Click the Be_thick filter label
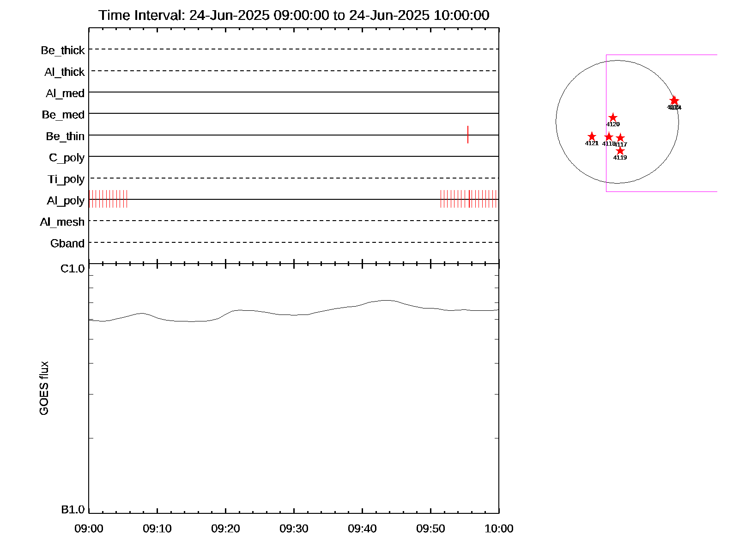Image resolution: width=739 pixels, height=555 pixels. (63, 50)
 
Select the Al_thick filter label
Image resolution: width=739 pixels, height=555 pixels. (65, 72)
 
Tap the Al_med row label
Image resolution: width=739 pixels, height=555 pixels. (65, 93)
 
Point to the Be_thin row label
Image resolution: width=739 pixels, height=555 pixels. (65, 136)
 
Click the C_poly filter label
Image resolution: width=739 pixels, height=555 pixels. (67, 158)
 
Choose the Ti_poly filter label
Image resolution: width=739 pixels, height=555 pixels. (66, 179)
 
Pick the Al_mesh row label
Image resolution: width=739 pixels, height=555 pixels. (62, 222)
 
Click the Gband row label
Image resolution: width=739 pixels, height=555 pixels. (67, 243)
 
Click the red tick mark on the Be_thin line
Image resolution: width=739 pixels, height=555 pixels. (468, 135)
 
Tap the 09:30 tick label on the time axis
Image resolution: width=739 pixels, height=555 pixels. (294, 529)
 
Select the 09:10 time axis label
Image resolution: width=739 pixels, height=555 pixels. (157, 529)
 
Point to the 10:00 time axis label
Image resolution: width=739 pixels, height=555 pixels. (499, 529)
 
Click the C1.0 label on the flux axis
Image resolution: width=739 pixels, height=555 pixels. (73, 269)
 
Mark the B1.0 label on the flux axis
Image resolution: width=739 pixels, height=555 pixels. (73, 510)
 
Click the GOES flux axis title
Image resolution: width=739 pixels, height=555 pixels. (44, 388)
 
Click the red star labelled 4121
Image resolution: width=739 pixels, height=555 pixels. (592, 136)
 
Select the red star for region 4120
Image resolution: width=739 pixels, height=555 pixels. (613, 118)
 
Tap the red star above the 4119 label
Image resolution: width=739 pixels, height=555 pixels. (620, 151)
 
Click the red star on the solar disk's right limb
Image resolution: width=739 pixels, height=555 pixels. (674, 100)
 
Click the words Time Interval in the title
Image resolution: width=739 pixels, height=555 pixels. (141, 15)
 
